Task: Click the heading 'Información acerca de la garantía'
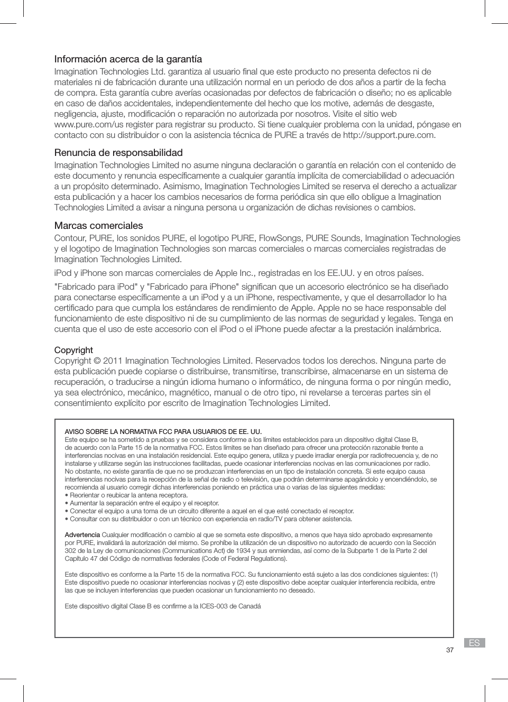pyautogui.click(x=128, y=59)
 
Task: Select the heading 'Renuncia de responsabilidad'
pyautogui.click(x=118, y=153)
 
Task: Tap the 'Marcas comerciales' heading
pyautogui.click(x=98, y=226)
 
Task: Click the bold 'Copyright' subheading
pyautogui.click(x=73, y=350)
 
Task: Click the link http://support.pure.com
pyautogui.click(x=389, y=135)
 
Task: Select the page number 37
pyautogui.click(x=449, y=650)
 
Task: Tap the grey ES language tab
pyautogui.click(x=474, y=643)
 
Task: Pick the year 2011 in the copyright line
pyautogui.click(x=113, y=361)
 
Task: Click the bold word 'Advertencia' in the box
pyautogui.click(x=82, y=535)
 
